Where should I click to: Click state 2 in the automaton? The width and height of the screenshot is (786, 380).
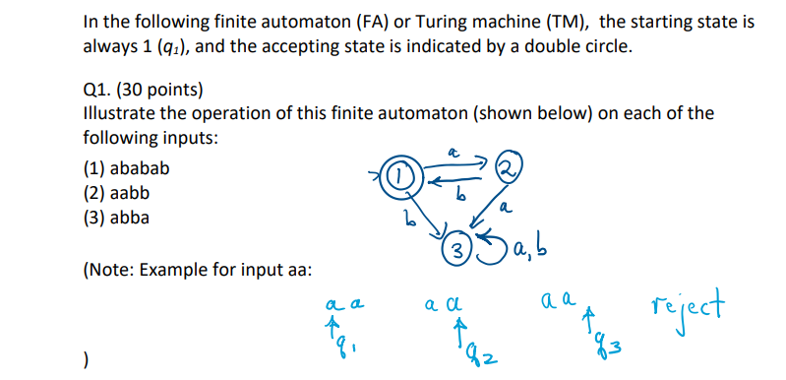[x=508, y=167]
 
